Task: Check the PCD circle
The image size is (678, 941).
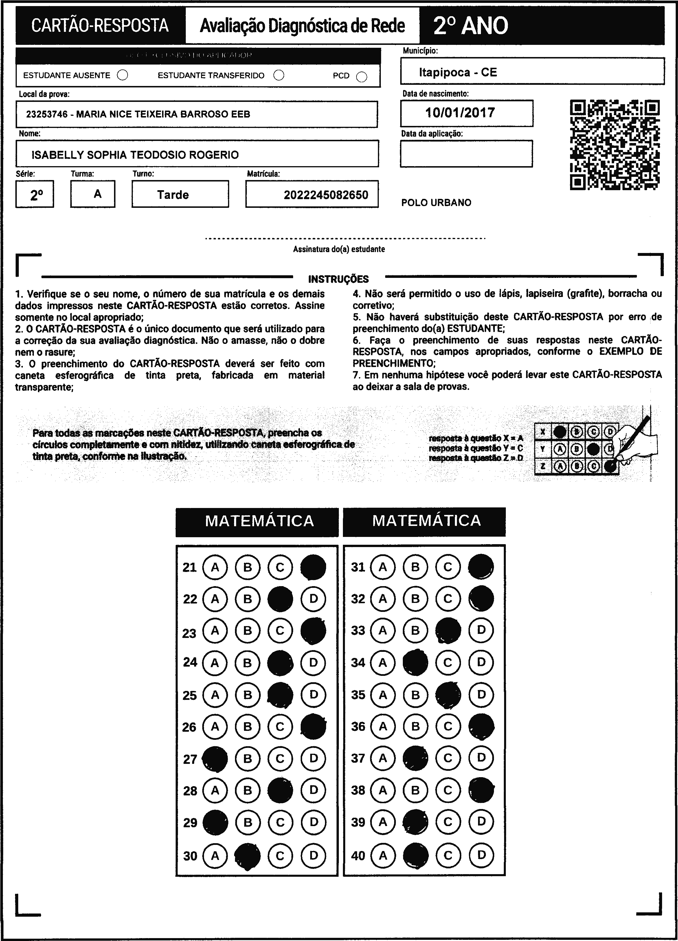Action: [x=362, y=77]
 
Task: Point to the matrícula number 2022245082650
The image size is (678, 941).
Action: [x=326, y=195]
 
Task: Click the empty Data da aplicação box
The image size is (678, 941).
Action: [x=466, y=153]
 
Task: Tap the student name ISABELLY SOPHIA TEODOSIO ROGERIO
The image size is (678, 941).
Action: [x=135, y=155]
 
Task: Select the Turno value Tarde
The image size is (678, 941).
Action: [x=173, y=195]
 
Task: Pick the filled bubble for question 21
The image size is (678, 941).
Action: [x=313, y=567]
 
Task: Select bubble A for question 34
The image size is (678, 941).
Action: [x=383, y=663]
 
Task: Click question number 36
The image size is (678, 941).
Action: [x=358, y=727]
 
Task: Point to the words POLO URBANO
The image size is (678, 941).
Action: [x=436, y=203]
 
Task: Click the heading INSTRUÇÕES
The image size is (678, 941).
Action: [x=338, y=279]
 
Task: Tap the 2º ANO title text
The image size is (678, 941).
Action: [x=471, y=26]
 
